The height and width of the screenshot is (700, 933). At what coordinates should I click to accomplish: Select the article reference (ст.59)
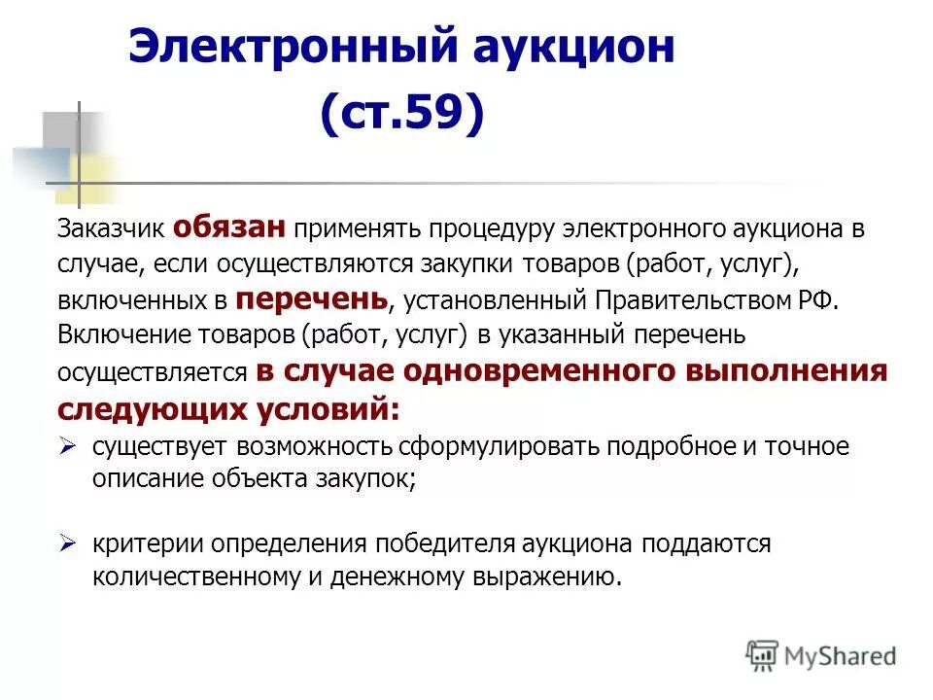coord(401,114)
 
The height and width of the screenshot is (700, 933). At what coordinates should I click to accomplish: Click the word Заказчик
coord(112,229)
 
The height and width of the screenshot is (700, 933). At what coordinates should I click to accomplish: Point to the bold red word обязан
coord(229,227)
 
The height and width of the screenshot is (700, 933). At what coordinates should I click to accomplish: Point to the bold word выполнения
coord(787,370)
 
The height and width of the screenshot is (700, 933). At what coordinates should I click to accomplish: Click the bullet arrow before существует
coord(68,444)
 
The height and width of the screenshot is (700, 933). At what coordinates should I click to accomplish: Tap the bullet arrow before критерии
coord(68,542)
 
